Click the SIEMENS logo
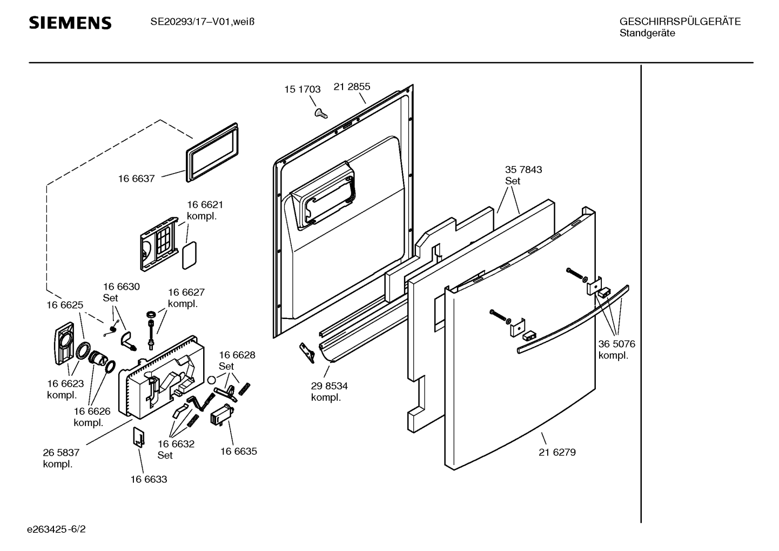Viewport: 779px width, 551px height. coord(70,23)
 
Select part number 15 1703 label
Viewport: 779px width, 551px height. coord(303,90)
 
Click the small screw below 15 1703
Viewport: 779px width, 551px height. coord(321,112)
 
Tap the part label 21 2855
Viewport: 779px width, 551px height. coord(352,87)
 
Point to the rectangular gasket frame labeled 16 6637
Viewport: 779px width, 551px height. coord(211,151)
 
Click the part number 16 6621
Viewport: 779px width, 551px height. coord(205,205)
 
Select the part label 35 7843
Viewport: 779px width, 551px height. coord(523,170)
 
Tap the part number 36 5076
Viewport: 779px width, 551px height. coord(616,344)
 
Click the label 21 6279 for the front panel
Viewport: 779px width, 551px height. coord(557,452)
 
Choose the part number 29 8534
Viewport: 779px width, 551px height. coord(329,386)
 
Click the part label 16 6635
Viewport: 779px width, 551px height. coord(238,451)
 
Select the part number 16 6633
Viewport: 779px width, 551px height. coord(149,479)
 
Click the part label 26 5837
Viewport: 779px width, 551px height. coord(61,453)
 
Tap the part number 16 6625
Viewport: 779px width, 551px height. coord(65,305)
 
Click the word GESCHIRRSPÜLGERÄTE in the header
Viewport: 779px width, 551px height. coord(680,22)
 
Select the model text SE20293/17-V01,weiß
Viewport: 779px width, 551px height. coord(202,22)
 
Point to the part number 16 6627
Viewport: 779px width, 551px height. coord(186,293)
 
